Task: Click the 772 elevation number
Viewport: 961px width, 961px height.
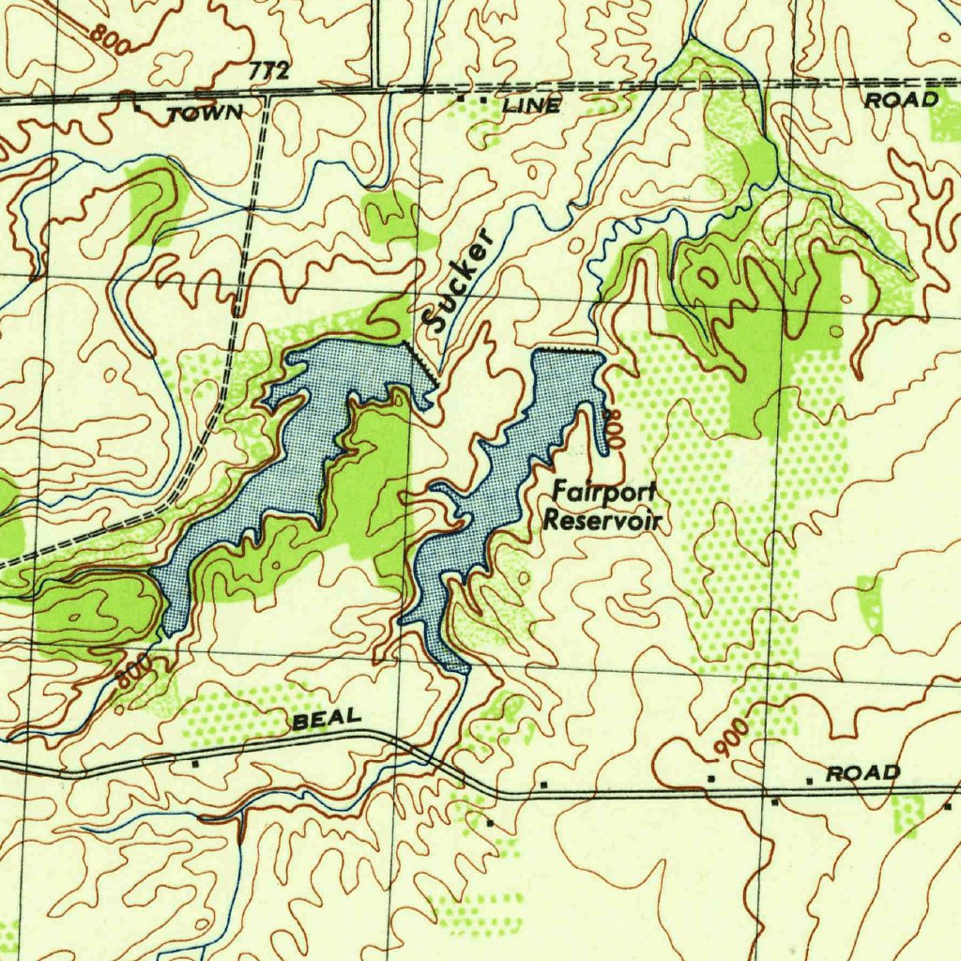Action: point(269,71)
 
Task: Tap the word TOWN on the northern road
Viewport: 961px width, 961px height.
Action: point(205,114)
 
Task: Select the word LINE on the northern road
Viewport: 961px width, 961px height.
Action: point(531,106)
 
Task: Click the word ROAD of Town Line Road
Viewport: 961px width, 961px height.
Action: point(901,99)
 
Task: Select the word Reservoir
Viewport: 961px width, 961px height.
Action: point(603,520)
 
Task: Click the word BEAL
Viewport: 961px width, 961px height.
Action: point(326,719)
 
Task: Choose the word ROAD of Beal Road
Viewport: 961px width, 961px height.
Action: point(862,773)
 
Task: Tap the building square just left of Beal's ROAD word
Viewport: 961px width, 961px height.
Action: point(808,779)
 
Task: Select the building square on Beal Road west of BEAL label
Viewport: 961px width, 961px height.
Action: point(194,765)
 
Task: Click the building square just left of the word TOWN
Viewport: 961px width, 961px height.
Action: point(138,109)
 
